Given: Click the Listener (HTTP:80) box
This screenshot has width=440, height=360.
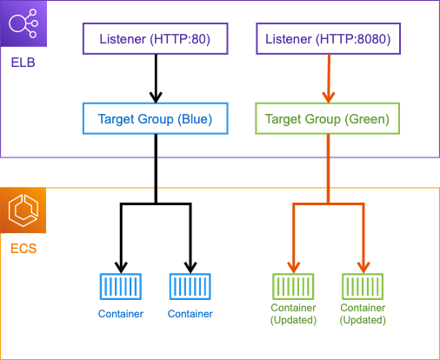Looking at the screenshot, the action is pyautogui.click(x=156, y=39).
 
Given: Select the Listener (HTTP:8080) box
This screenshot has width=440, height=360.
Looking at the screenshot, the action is pyautogui.click(x=328, y=39).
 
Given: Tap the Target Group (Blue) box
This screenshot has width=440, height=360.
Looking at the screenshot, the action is pyautogui.click(x=156, y=118).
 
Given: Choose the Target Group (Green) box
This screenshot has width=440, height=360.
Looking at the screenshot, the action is pyautogui.click(x=328, y=118).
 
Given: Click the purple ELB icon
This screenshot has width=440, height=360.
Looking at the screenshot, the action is pyautogui.click(x=23, y=23).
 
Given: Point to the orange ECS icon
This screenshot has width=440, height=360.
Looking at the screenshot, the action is pyautogui.click(x=23, y=210).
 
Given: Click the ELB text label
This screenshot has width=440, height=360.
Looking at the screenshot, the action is pyautogui.click(x=23, y=63).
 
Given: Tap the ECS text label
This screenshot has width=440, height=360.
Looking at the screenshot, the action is pyautogui.click(x=23, y=249).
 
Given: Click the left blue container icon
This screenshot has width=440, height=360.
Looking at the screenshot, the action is pyautogui.click(x=121, y=286).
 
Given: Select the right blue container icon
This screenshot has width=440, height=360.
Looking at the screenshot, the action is pyautogui.click(x=190, y=286).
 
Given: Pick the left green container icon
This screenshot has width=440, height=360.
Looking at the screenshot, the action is pyautogui.click(x=293, y=286).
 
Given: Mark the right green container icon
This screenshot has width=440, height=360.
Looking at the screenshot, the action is pyautogui.click(x=363, y=286).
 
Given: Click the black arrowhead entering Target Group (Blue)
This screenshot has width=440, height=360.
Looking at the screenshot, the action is pyautogui.click(x=156, y=97).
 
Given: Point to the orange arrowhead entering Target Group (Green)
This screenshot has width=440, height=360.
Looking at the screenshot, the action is pyautogui.click(x=329, y=97).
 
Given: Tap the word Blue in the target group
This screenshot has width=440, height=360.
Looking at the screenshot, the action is pyautogui.click(x=195, y=119).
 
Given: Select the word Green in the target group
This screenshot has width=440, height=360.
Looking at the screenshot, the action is pyautogui.click(x=367, y=119).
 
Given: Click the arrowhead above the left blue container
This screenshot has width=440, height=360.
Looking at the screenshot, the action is pyautogui.click(x=121, y=268).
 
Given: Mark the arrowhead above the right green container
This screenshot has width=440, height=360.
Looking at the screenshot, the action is pyautogui.click(x=363, y=268).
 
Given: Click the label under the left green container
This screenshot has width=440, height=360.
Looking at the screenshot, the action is pyautogui.click(x=293, y=314).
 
